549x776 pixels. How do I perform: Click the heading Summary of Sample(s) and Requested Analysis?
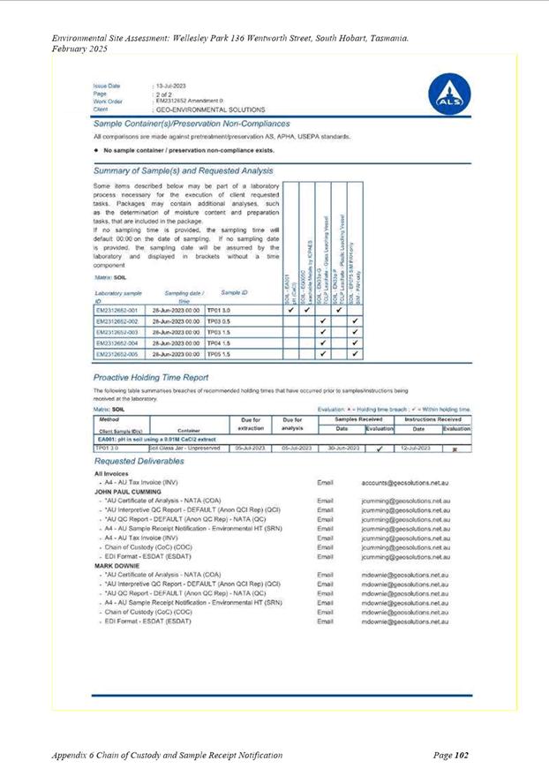183,170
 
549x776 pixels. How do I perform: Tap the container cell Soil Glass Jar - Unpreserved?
183,448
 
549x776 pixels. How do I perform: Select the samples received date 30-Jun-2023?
340,448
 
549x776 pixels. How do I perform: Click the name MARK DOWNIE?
117,565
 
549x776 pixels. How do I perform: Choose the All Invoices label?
112,474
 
